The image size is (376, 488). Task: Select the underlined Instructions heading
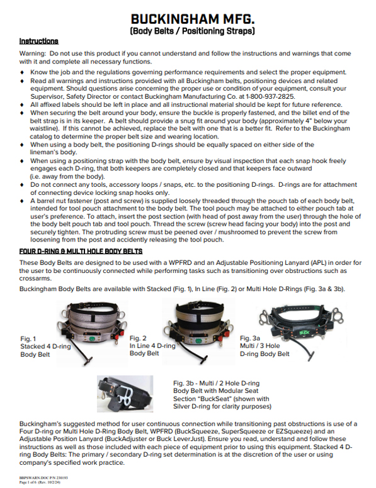click(39, 41)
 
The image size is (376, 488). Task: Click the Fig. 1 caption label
click(28, 340)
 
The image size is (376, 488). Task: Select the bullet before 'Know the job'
click(23, 74)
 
